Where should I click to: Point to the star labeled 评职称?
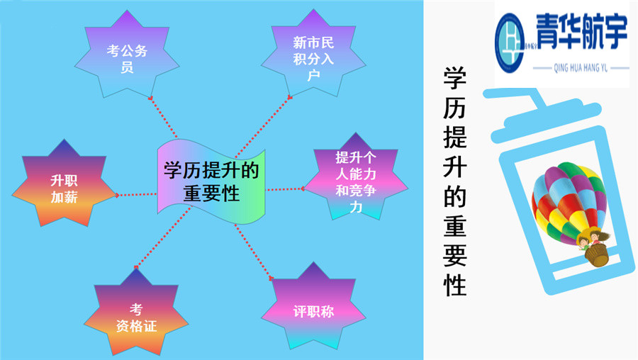313,310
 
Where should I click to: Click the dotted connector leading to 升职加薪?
136,193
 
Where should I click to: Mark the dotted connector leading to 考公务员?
164,117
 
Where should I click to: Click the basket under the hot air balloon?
599,255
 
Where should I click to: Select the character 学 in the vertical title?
454,79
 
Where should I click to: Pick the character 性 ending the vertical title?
454,284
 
